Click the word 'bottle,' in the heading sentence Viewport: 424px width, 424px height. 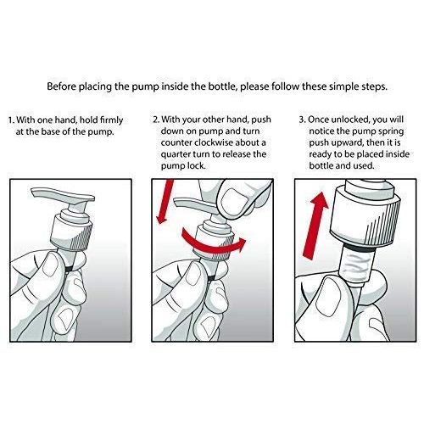(x=222, y=86)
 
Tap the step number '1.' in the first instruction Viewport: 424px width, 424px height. (x=11, y=120)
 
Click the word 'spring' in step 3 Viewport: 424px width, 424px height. (x=391, y=132)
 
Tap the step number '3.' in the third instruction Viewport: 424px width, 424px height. (x=303, y=120)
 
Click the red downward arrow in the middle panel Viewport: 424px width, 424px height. (x=165, y=202)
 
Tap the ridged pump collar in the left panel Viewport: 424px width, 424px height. (x=71, y=232)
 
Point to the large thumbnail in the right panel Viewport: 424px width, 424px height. (x=328, y=297)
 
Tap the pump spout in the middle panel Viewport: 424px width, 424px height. (x=195, y=204)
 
